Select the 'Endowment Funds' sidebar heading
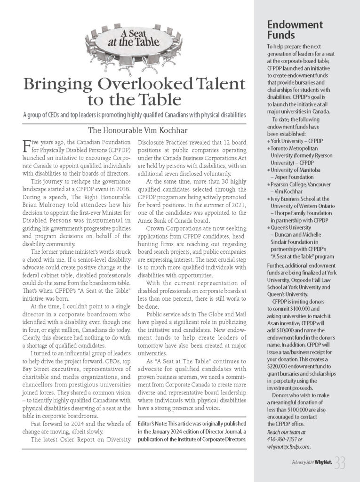pos(295,30)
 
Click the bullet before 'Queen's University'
pos(268,226)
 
